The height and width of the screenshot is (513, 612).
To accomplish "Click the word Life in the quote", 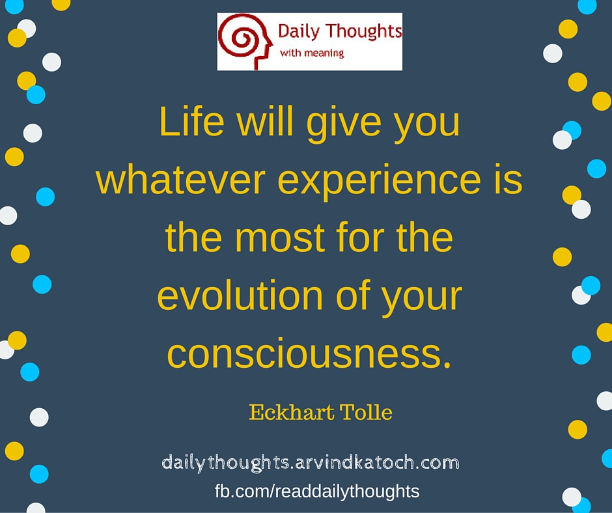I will coord(184,123).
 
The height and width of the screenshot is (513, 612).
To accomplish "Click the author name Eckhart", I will coord(291,413).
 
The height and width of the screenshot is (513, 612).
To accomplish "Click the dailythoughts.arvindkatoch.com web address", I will coord(310,464).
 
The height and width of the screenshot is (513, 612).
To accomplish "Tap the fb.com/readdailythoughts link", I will coord(317,491).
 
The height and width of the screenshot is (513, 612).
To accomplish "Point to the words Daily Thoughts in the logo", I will coord(339,31).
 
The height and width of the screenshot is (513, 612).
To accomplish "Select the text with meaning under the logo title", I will coord(312,53).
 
